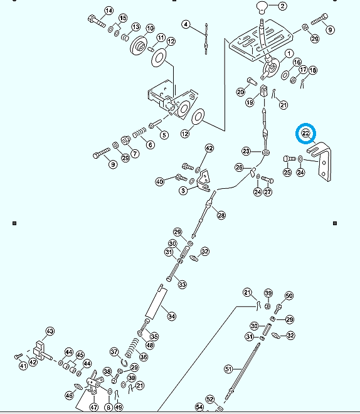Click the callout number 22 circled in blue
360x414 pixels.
click(x=305, y=134)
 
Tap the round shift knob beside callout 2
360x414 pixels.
click(x=262, y=7)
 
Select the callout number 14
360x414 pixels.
click(x=109, y=11)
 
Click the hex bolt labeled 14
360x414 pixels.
click(x=97, y=21)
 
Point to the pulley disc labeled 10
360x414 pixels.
click(x=140, y=46)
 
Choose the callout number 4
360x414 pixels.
click(x=186, y=24)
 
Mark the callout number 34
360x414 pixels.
click(x=172, y=316)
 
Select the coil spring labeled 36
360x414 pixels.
click(x=132, y=348)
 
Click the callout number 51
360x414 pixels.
click(x=228, y=369)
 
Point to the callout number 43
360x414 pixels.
click(x=50, y=331)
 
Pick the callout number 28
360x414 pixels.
click(x=221, y=215)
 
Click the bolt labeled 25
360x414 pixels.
click(x=290, y=159)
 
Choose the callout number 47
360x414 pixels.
click(x=94, y=407)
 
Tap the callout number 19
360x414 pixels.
click(x=250, y=102)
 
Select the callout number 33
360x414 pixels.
click(x=182, y=285)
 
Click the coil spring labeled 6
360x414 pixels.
click(x=139, y=132)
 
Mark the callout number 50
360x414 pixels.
click(x=289, y=295)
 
